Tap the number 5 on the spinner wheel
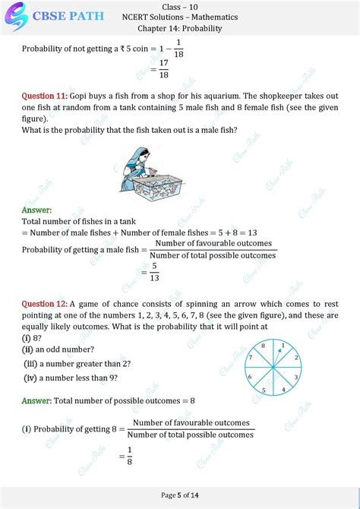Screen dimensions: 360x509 click(263, 390)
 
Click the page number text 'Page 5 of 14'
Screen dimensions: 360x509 click(180, 495)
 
